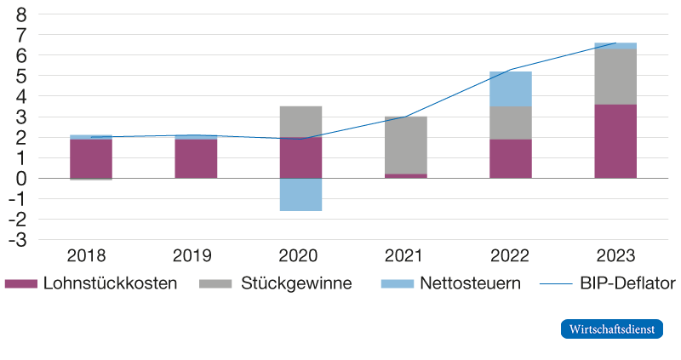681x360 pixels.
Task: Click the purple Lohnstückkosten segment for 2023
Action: (615, 141)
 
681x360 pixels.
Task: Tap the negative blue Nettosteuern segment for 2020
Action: (300, 194)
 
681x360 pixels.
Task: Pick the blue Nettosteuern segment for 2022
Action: (510, 89)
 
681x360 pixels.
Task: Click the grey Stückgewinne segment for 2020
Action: (300, 122)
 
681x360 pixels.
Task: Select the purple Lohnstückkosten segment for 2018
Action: (91, 158)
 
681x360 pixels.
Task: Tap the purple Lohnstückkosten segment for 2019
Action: (196, 158)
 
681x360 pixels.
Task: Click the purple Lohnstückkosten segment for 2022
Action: (510, 158)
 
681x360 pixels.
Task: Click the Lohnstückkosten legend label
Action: (110, 283)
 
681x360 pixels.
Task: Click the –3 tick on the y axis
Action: (19, 241)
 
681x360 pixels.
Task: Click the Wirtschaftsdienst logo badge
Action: (611, 329)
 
